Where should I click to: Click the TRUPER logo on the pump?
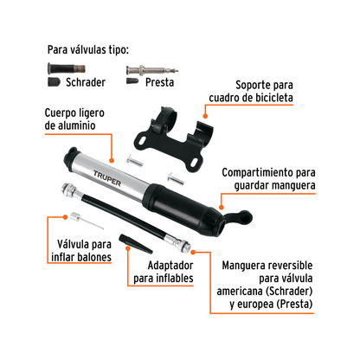[107, 178]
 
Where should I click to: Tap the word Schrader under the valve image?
[86, 82]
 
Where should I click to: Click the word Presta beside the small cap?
[159, 82]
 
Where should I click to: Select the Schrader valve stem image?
[67, 68]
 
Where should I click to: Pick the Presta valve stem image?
[152, 70]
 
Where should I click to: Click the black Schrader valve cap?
[54, 82]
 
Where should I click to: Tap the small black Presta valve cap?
[132, 80]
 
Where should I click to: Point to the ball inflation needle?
[87, 221]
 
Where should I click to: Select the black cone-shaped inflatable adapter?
[136, 244]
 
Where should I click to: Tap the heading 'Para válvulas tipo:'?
[88, 50]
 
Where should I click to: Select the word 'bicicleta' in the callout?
[273, 98]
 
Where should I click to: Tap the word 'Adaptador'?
[170, 266]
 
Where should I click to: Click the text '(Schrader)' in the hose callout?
[289, 291]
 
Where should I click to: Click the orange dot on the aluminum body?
[112, 161]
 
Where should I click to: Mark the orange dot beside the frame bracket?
[205, 116]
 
